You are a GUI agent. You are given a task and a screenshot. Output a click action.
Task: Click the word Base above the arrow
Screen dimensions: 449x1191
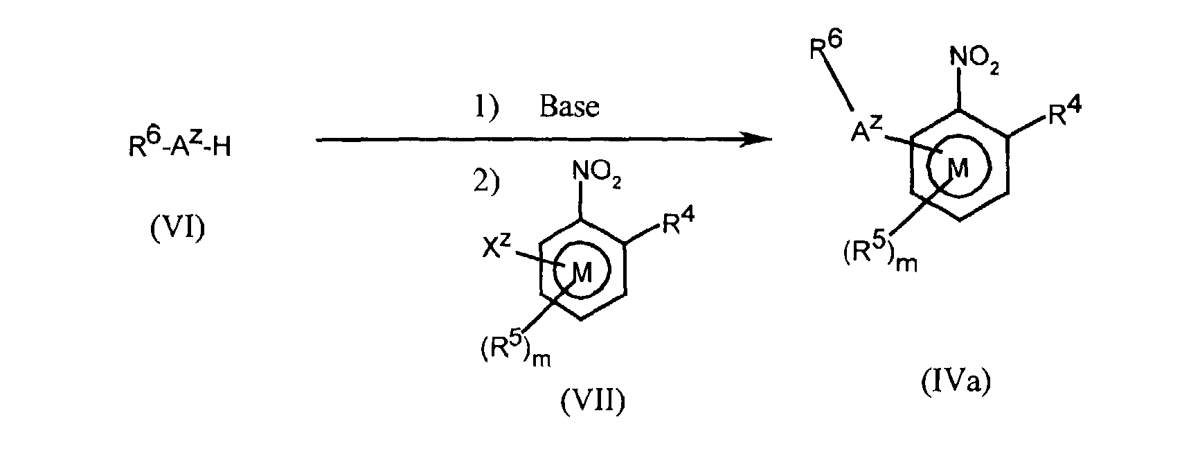click(x=569, y=106)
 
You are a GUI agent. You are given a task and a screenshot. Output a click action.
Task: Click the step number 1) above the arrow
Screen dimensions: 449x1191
click(x=487, y=106)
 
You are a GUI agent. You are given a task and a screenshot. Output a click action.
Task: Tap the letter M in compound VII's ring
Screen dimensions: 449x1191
click(x=582, y=273)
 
